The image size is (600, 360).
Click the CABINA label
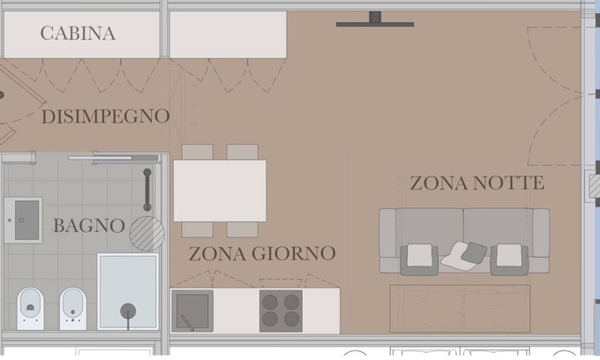coord(78,34)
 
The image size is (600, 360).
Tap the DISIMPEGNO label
coord(105,116)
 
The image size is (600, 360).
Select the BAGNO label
coord(89,225)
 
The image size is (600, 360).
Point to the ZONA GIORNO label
coord(262,253)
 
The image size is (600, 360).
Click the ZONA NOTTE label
coord(477,183)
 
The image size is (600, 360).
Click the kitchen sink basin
coord(192,311)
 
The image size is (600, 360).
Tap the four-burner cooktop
coord(281,311)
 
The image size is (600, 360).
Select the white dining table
coord(220,191)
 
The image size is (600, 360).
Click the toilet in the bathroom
coord(30,308)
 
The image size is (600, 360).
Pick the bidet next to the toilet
coord(73,308)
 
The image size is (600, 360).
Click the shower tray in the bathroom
coord(128,291)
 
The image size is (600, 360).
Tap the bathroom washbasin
coord(23,220)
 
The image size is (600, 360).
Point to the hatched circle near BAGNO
coord(147,234)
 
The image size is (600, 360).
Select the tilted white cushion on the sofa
coord(456,256)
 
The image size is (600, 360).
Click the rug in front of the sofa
coord(460,308)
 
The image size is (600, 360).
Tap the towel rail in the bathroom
coord(147,190)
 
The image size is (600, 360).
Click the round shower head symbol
coord(128,311)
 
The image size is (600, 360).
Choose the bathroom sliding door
coord(113,158)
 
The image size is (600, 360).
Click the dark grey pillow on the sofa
coord(474,253)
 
